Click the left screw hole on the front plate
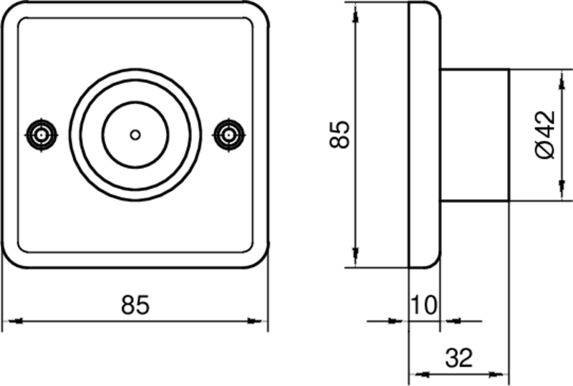tap(41, 134)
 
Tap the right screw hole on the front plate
tap(229, 134)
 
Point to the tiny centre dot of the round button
tap(135, 134)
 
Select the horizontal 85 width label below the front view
tap(135, 305)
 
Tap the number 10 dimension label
tap(423, 305)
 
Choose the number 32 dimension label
tap(458, 356)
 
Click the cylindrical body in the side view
tap(473, 134)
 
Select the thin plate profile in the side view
tap(423, 134)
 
